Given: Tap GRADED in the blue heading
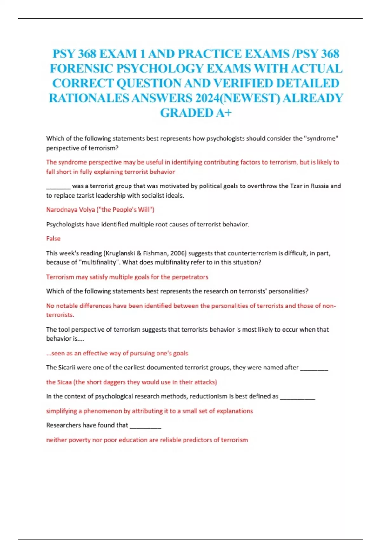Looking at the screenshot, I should [186, 113].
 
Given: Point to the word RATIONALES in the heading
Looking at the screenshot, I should [89, 98].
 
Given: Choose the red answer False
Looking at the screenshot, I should [53, 239].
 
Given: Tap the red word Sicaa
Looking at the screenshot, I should [64, 382].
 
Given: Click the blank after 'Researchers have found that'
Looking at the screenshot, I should [145, 426].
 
